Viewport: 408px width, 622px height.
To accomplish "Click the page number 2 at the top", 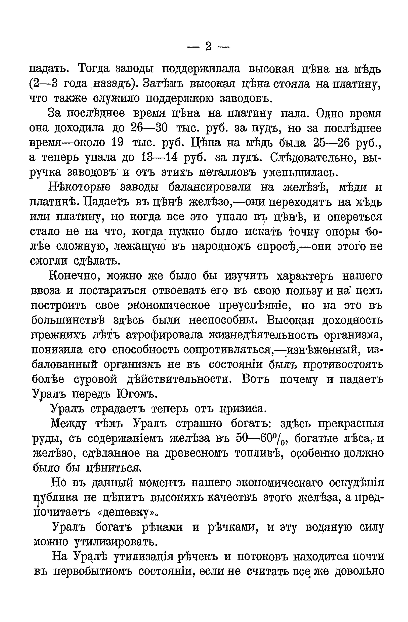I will click(208, 47).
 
